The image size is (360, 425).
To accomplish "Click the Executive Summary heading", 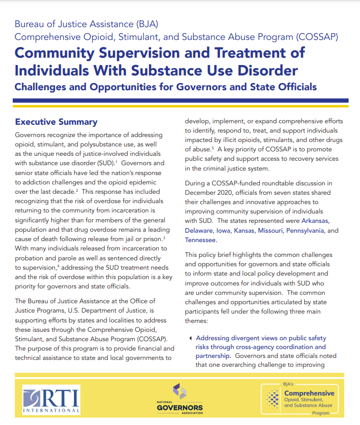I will coord(56,122).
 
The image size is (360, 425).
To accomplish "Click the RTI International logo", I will coord(51,399).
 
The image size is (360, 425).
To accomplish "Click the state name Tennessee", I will coord(200,240).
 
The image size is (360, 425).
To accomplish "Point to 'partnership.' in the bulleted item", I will coord(213,355).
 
